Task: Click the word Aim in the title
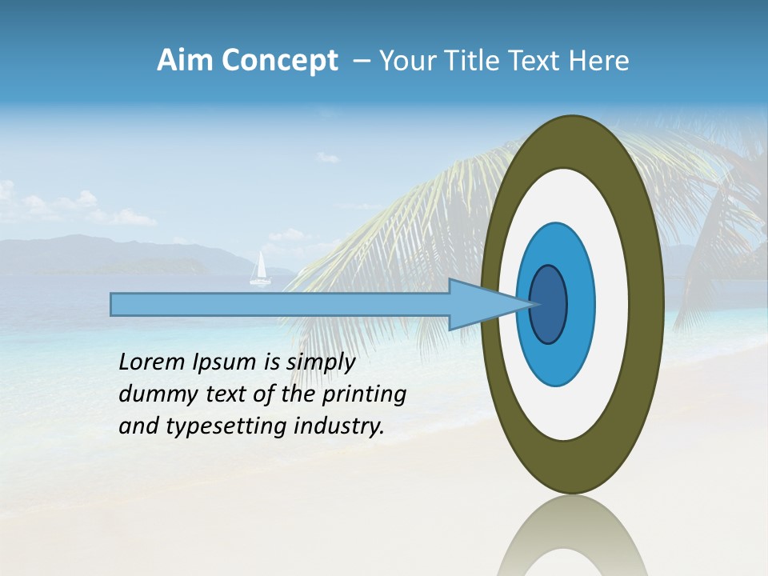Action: pyautogui.click(x=185, y=61)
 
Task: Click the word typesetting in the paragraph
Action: pyautogui.click(x=227, y=427)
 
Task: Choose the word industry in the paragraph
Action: pyautogui.click(x=339, y=426)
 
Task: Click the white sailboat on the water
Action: pyautogui.click(x=259, y=270)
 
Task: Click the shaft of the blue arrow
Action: pyautogui.click(x=280, y=304)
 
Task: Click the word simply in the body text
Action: pyautogui.click(x=320, y=363)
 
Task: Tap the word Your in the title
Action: pyautogui.click(x=405, y=61)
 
